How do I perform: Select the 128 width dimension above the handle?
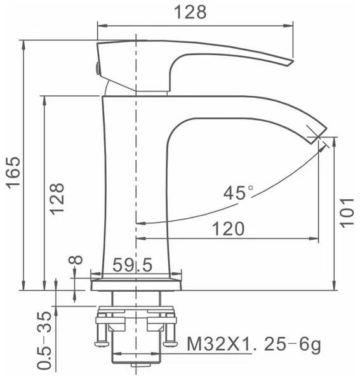click(x=190, y=12)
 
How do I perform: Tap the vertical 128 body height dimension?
click(x=57, y=199)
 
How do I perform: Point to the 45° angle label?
click(x=238, y=193)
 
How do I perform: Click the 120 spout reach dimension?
click(x=229, y=228)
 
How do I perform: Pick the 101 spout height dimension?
click(x=347, y=213)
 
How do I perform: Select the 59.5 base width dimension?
click(x=133, y=265)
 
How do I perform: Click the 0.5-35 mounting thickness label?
click(x=44, y=341)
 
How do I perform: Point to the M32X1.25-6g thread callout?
click(x=254, y=344)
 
